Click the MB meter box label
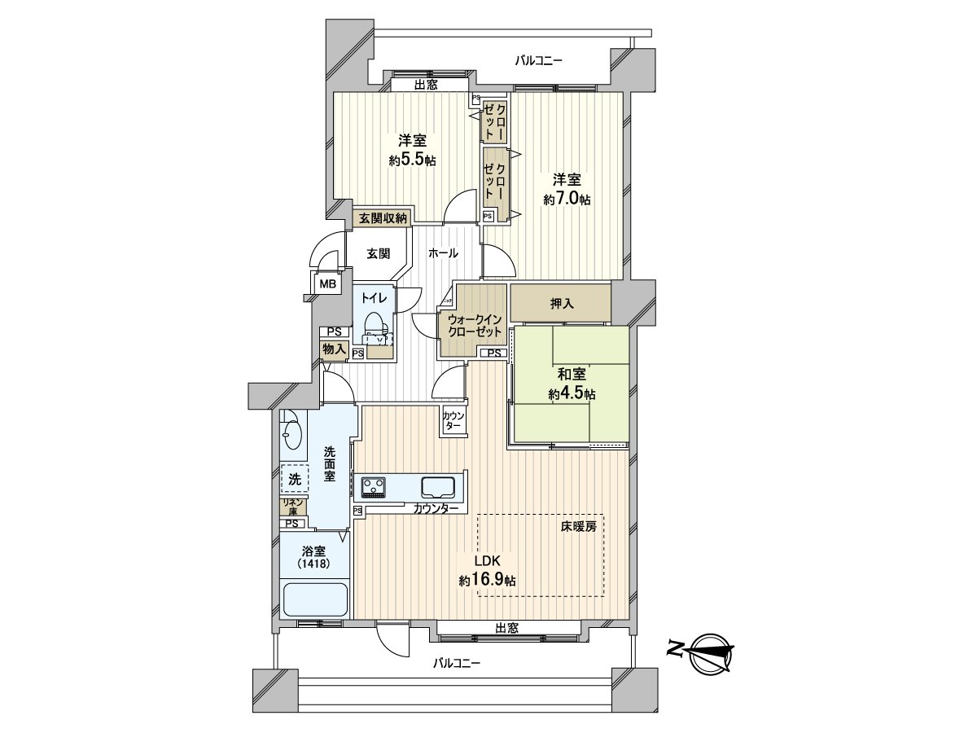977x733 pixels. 327,284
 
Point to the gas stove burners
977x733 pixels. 375,487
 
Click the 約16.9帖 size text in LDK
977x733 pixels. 487,581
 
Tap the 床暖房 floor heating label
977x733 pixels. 578,527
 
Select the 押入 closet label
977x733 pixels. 562,304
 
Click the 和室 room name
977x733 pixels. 572,375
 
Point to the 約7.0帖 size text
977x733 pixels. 567,199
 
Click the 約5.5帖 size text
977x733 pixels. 412,160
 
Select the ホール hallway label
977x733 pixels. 442,253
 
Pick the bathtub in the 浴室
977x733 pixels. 315,600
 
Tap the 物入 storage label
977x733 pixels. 334,349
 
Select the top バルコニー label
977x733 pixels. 539,60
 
